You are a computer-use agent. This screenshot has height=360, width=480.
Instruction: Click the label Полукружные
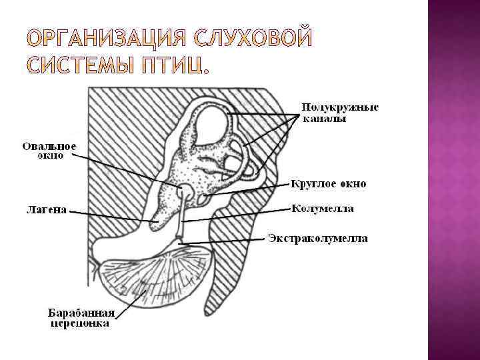[339, 107]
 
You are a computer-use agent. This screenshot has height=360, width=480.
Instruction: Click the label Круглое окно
[328, 183]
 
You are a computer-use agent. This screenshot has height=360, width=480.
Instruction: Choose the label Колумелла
[323, 209]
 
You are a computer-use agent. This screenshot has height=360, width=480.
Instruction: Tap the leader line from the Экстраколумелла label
[227, 241]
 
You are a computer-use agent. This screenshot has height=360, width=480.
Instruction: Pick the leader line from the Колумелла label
[240, 214]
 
